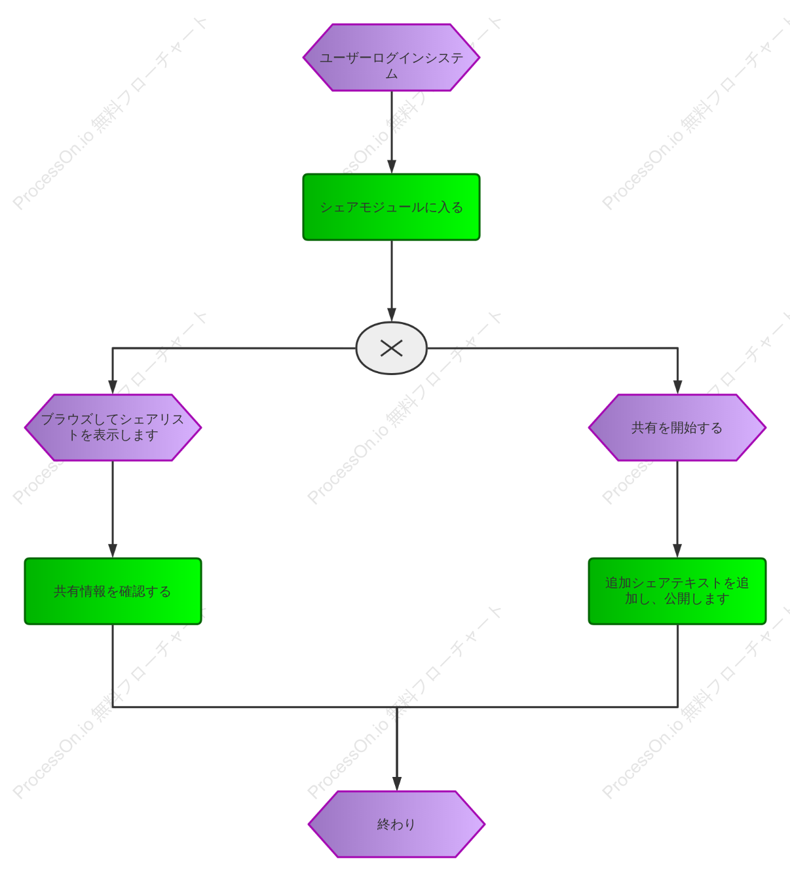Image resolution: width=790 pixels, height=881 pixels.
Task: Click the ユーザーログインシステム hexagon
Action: [x=391, y=58]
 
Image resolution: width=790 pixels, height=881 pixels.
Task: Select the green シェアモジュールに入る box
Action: [x=391, y=207]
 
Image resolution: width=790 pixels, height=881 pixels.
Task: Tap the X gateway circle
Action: [x=391, y=348]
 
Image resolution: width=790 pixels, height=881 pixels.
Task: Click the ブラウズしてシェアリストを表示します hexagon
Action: [x=113, y=427]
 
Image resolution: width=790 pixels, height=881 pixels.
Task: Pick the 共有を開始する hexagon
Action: [x=677, y=427]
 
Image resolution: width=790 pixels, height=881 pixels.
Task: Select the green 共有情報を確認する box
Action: [x=113, y=591]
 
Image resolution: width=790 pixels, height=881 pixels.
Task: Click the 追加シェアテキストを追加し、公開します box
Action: [x=677, y=591]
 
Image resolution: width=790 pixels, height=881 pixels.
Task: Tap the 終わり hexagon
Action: [x=396, y=824]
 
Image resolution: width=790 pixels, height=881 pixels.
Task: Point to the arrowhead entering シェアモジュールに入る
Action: [x=392, y=167]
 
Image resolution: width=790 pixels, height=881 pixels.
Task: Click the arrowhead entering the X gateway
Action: [x=392, y=315]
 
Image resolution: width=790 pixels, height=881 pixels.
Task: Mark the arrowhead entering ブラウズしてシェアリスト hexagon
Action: [x=113, y=387]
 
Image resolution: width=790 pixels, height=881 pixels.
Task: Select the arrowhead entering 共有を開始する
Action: [x=678, y=387]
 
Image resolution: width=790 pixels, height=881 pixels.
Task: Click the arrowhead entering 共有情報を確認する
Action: [x=113, y=551]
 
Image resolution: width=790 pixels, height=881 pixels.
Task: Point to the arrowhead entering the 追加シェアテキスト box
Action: [x=677, y=551]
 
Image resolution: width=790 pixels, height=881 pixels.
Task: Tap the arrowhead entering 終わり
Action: [x=397, y=784]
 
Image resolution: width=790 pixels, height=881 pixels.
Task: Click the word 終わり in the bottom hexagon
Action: [x=396, y=824]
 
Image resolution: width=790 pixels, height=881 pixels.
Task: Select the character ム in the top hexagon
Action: [x=391, y=73]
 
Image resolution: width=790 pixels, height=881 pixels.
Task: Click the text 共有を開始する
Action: [x=677, y=428]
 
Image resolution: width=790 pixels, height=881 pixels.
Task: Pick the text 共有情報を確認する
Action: [x=112, y=592]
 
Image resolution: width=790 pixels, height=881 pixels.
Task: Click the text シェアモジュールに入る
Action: [x=391, y=207]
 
